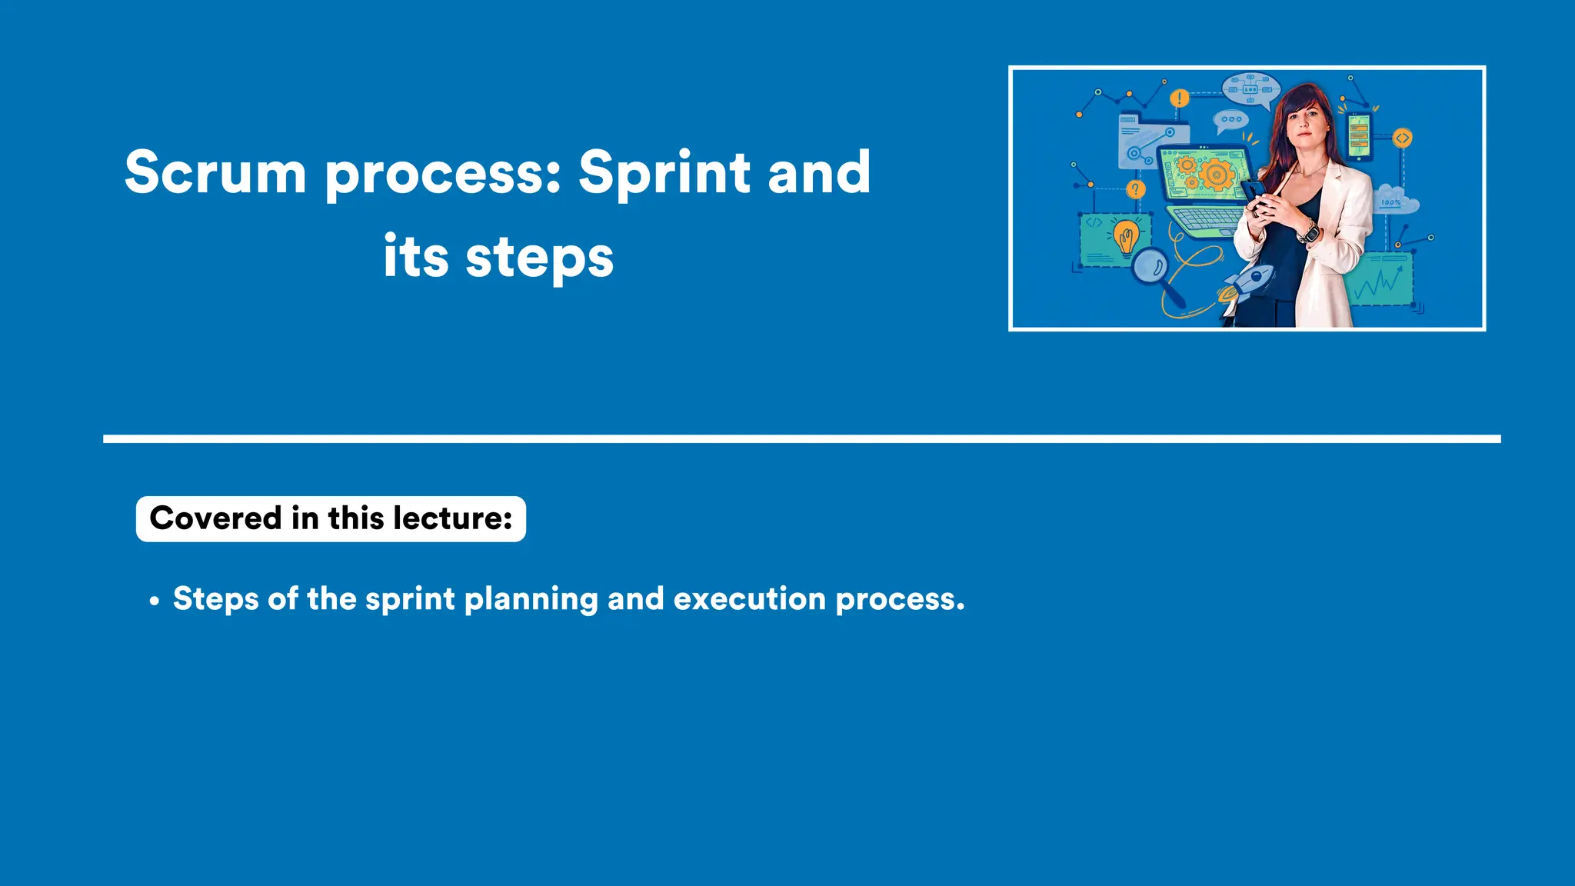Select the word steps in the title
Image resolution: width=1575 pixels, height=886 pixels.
click(539, 258)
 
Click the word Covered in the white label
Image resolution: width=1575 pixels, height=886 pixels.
click(216, 518)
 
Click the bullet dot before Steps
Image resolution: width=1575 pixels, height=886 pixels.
click(155, 601)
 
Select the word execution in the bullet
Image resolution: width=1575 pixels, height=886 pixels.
click(749, 599)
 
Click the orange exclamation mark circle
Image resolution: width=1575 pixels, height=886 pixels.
click(1179, 98)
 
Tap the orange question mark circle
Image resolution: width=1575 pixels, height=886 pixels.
click(1136, 189)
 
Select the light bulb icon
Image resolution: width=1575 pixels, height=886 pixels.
click(1127, 237)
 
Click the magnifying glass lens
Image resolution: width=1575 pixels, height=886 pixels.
click(1150, 267)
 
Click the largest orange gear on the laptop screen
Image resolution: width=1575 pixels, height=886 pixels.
click(1217, 174)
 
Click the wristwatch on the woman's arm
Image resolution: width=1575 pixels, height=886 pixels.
click(1308, 231)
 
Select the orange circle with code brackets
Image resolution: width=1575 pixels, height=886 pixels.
click(1402, 138)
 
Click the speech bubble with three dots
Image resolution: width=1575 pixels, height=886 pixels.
click(1230, 120)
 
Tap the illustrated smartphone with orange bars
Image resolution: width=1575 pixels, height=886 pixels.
click(1359, 137)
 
